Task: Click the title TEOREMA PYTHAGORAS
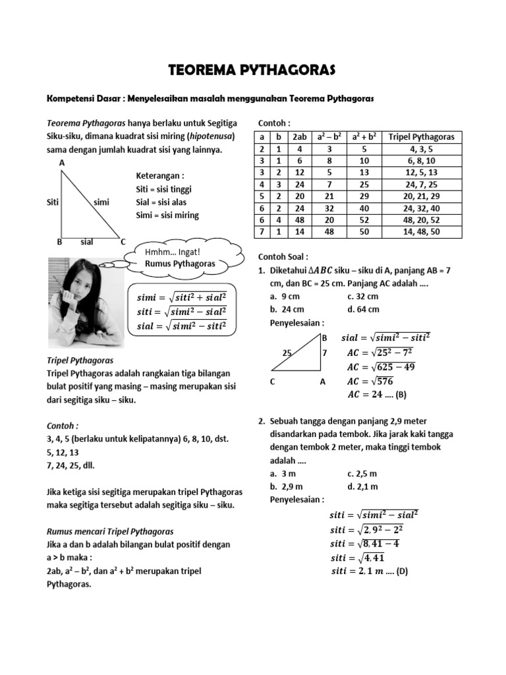click(x=253, y=70)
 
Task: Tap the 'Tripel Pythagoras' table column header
click(x=422, y=136)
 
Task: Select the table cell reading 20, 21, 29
click(x=422, y=196)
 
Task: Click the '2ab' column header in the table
click(x=299, y=136)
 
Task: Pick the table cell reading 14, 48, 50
click(x=422, y=232)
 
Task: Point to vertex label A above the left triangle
click(x=62, y=161)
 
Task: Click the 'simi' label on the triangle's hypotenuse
click(x=101, y=202)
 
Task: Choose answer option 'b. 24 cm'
click(x=287, y=309)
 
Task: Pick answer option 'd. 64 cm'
click(x=363, y=309)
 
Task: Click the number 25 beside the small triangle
click(x=287, y=353)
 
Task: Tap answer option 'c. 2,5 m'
click(x=363, y=473)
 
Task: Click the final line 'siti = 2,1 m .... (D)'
click(x=369, y=572)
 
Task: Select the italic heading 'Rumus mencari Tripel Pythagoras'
click(x=110, y=531)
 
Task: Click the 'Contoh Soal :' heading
click(x=283, y=257)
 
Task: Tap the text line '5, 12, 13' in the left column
click(x=63, y=452)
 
